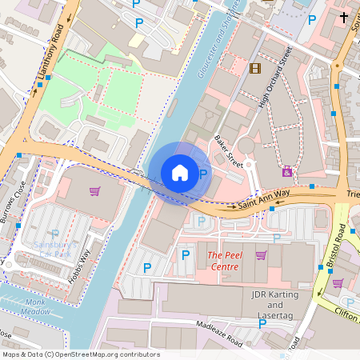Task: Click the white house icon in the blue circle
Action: point(180,172)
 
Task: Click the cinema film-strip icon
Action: point(255,68)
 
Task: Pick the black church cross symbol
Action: point(344,17)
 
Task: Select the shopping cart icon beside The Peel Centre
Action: point(261,255)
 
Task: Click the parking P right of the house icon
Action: point(203,174)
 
